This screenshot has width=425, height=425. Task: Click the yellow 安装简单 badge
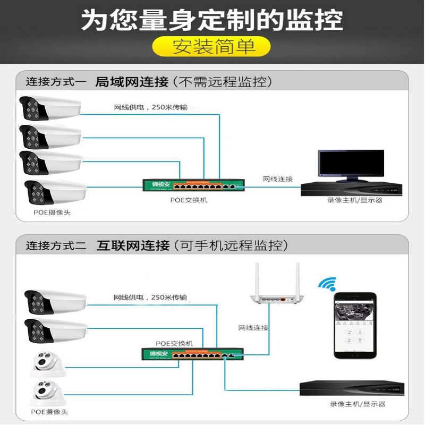[212, 46]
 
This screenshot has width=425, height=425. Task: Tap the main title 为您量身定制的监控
[212, 20]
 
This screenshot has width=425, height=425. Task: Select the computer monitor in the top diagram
[351, 164]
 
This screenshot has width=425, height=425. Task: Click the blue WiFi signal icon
[327, 284]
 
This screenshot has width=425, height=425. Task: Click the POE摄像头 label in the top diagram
[52, 212]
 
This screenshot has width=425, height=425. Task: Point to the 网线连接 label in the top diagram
[277, 179]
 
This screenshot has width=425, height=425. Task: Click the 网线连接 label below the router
[253, 328]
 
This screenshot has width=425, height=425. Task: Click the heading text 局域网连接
[131, 82]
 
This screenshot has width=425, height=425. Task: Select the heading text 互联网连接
[133, 245]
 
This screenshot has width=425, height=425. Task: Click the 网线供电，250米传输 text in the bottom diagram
[150, 297]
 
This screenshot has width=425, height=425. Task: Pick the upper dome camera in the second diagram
[48, 364]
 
